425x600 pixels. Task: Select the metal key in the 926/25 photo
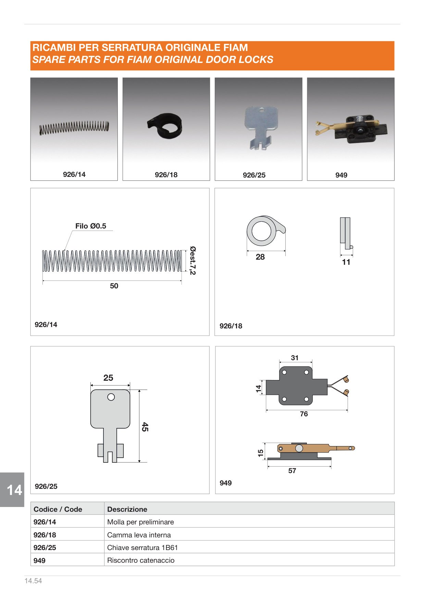[261, 127]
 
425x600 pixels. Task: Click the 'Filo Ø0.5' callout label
[91, 226]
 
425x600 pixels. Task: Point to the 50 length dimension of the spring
[114, 286]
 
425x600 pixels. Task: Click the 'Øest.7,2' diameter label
[193, 260]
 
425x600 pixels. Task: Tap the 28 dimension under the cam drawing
[260, 257]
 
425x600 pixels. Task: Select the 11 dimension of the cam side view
[346, 262]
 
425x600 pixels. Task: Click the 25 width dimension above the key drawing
[108, 378]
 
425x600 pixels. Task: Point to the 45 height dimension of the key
[145, 427]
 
